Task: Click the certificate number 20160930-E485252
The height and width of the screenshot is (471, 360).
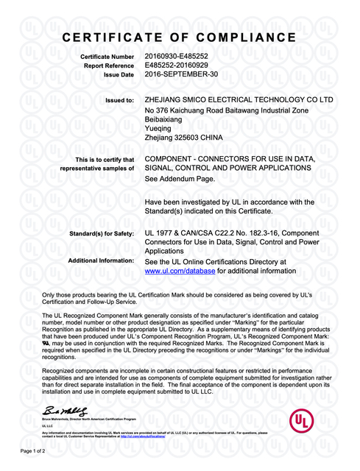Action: (177, 56)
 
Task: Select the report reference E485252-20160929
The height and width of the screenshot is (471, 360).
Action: (177, 65)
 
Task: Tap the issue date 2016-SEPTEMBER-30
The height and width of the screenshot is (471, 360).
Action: (180, 74)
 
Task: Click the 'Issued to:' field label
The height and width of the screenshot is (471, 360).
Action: (120, 100)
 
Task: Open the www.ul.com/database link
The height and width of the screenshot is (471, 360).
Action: (180, 271)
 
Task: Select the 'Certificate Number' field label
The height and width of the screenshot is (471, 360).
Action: (107, 57)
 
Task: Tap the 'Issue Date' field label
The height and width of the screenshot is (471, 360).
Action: (119, 75)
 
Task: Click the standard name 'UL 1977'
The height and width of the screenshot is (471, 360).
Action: (160, 233)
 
